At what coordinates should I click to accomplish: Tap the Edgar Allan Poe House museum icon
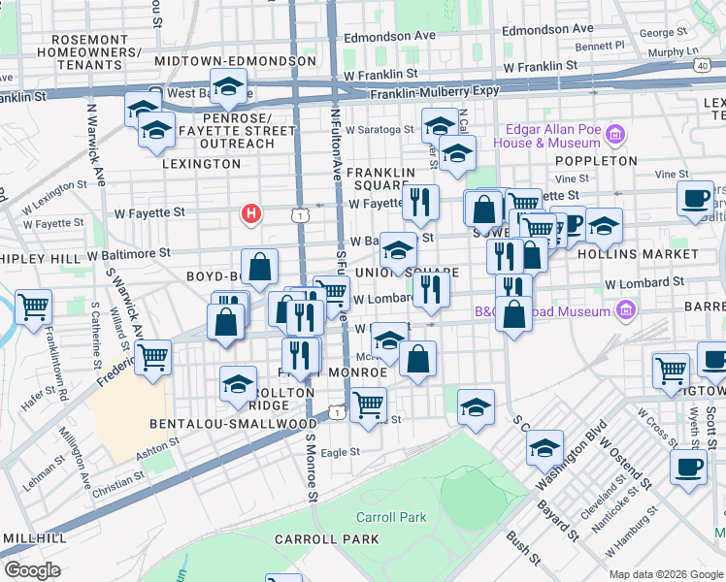pyautogui.click(x=613, y=133)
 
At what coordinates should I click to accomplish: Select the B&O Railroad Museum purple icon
pyautogui.click(x=626, y=310)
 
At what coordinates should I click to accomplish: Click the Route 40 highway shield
pyautogui.click(x=701, y=64)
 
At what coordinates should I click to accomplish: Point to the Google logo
pyautogui.click(x=32, y=570)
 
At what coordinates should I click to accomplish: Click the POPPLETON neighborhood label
pyautogui.click(x=597, y=161)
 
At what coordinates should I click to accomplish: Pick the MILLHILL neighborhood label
pyautogui.click(x=34, y=537)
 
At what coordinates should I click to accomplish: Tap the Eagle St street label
pyautogui.click(x=340, y=452)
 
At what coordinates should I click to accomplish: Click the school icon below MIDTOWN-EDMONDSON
pyautogui.click(x=228, y=89)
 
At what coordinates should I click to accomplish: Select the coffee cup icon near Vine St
pyautogui.click(x=695, y=198)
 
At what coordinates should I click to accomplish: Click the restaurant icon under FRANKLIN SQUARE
pyautogui.click(x=420, y=201)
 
